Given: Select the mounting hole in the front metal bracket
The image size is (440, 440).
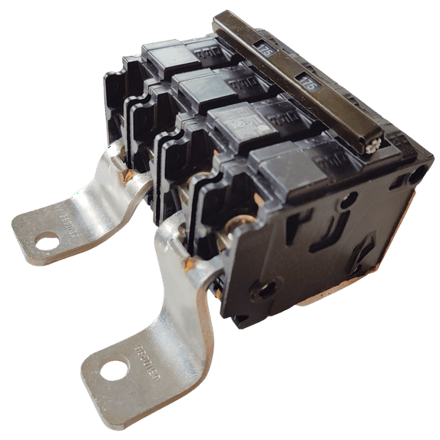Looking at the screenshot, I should pyautogui.click(x=113, y=370).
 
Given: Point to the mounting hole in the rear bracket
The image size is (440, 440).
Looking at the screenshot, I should pyautogui.click(x=47, y=242).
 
